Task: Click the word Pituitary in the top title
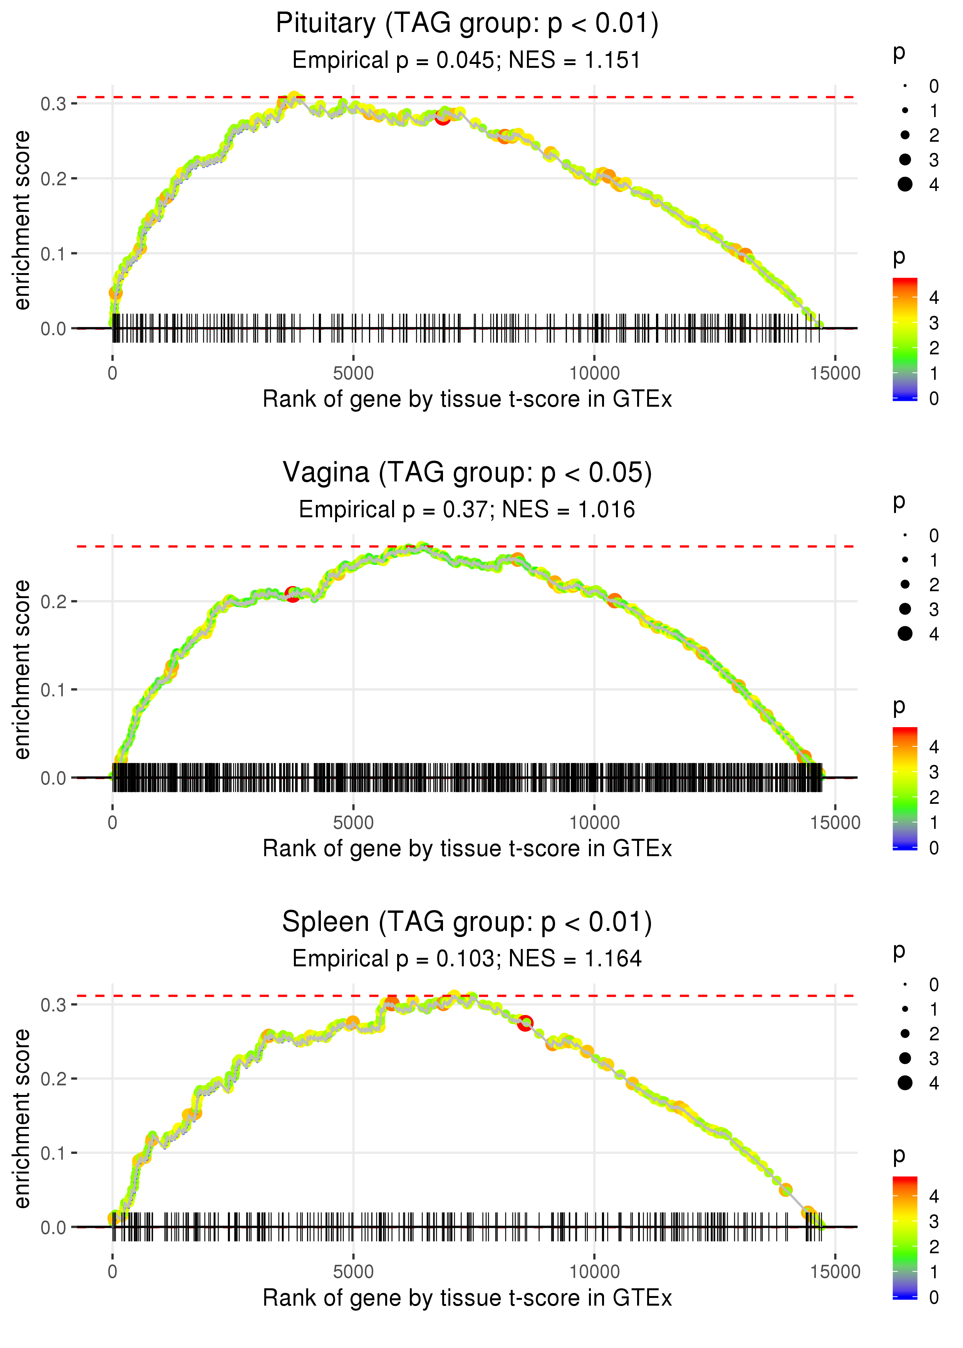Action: point(325,24)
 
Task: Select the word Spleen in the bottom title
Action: point(325,922)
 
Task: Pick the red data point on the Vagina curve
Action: point(292,594)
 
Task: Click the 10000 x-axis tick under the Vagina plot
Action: point(594,823)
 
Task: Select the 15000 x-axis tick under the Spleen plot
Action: point(835,1271)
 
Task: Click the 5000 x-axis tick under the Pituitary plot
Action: point(353,374)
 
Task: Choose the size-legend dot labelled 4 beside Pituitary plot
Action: point(905,184)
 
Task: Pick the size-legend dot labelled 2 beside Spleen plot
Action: point(905,1034)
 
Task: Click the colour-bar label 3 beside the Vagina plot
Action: point(934,772)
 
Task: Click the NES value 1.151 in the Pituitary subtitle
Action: point(612,60)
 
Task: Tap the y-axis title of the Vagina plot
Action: point(22,670)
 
